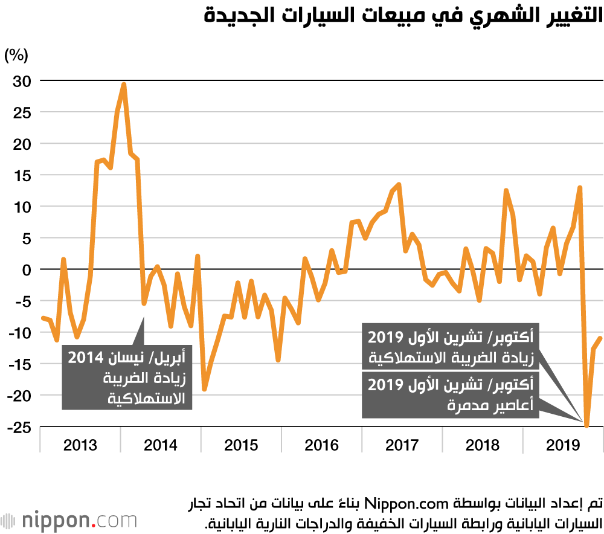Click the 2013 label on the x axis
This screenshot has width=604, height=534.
(x=80, y=446)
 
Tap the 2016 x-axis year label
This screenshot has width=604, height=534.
(x=321, y=446)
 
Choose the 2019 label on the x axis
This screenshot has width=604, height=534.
(x=563, y=446)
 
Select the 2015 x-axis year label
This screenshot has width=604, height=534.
(x=241, y=446)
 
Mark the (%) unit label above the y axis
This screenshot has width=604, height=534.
(x=16, y=56)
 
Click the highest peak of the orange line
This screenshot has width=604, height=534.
(x=124, y=84)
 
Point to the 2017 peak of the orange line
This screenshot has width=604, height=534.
(x=399, y=184)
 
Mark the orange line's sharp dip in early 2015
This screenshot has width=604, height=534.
(x=205, y=390)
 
